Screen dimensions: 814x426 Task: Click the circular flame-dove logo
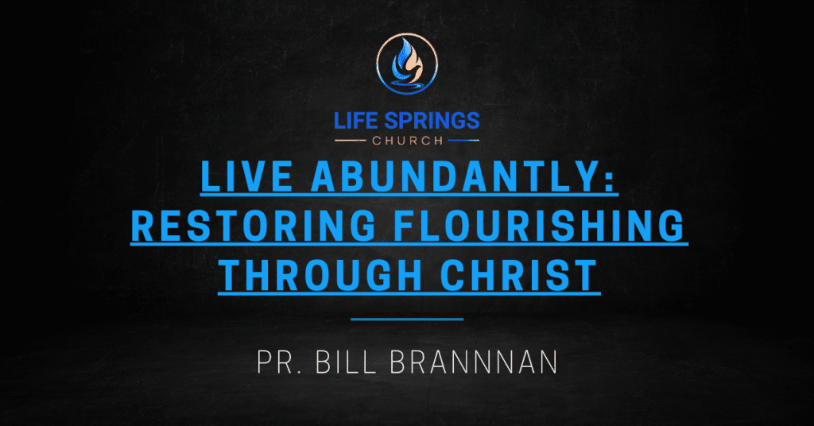point(407,64)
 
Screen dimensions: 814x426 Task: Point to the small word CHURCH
point(408,141)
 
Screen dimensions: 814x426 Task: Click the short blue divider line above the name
point(407,319)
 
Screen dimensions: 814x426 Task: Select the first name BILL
point(346,362)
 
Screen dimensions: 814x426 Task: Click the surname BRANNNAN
point(474,362)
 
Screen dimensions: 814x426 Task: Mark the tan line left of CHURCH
point(351,141)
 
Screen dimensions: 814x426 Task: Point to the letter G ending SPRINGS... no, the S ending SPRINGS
point(472,120)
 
